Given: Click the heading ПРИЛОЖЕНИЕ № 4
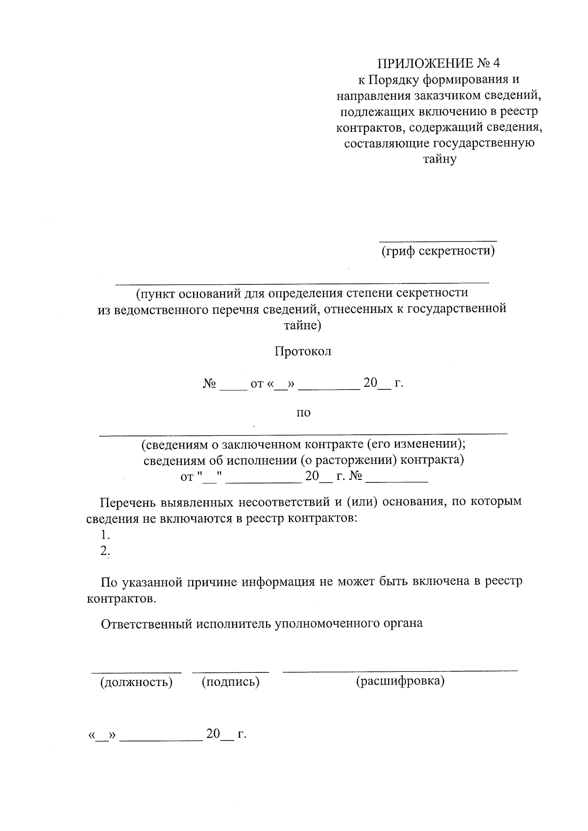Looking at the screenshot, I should (x=440, y=64).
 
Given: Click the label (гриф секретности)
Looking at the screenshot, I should (x=438, y=251).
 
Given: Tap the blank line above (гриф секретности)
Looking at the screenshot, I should (x=438, y=240).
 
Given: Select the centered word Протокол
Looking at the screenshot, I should (x=303, y=352).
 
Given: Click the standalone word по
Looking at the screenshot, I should (x=303, y=413).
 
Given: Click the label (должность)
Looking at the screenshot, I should (x=136, y=682).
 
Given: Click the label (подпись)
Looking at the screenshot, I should (x=230, y=682).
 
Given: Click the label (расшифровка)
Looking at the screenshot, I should (x=400, y=681).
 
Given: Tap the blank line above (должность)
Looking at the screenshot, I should (x=136, y=671).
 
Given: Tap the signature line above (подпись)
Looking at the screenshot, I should (x=230, y=671).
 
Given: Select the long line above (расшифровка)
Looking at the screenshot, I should (x=400, y=670).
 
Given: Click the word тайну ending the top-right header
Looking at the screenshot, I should (x=440, y=159).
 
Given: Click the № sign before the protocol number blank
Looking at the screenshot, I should (x=209, y=383).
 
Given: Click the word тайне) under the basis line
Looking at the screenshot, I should (x=302, y=325).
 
